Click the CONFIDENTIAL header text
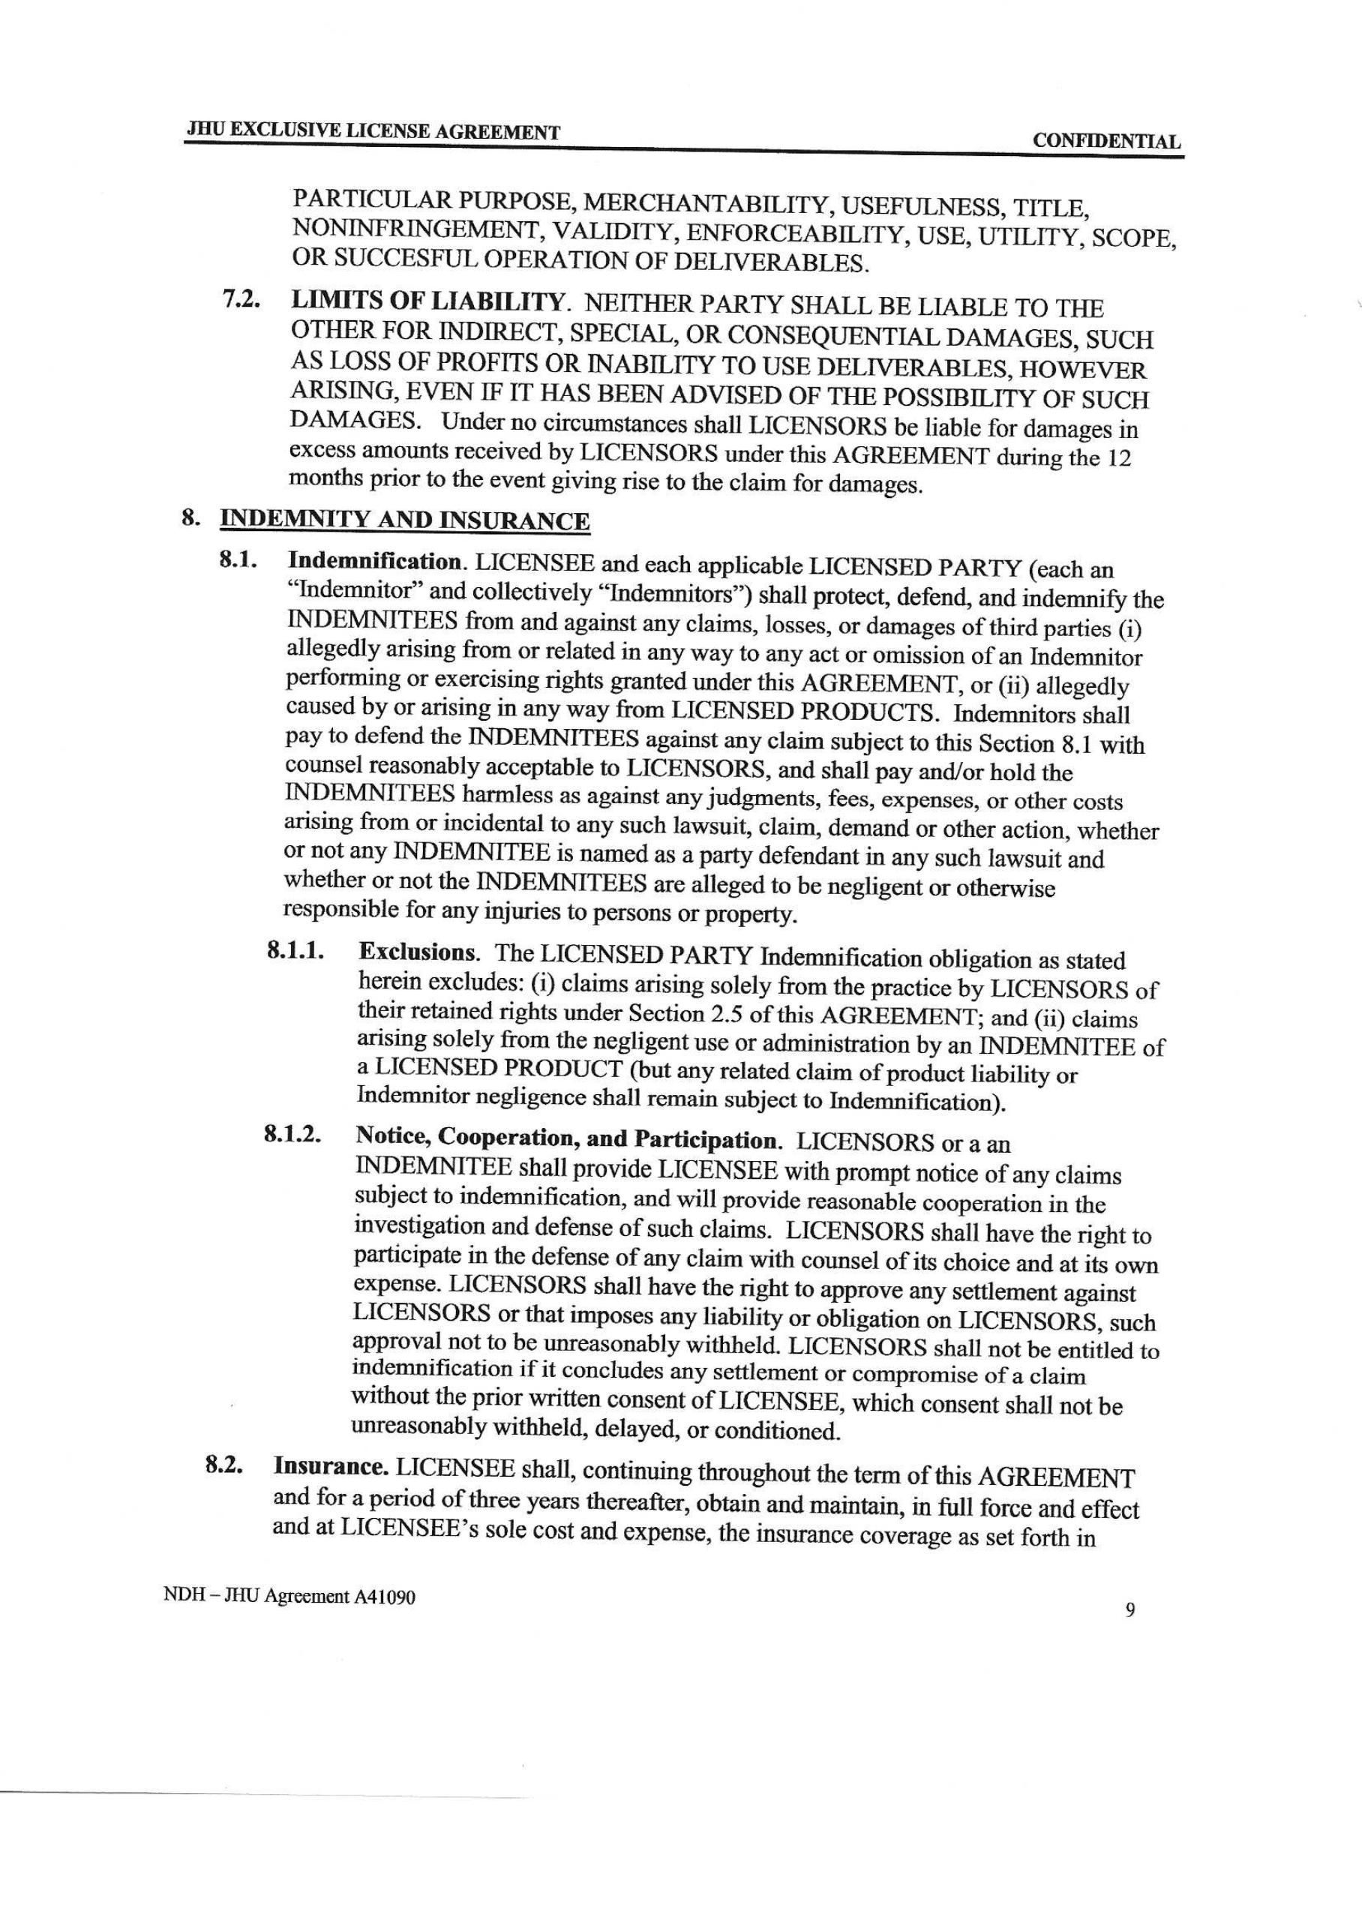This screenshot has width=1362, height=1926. point(1106,142)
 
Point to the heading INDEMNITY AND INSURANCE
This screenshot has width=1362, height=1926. point(404,521)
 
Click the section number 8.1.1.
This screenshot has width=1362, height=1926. point(296,950)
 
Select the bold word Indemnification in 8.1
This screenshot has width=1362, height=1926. point(376,560)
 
